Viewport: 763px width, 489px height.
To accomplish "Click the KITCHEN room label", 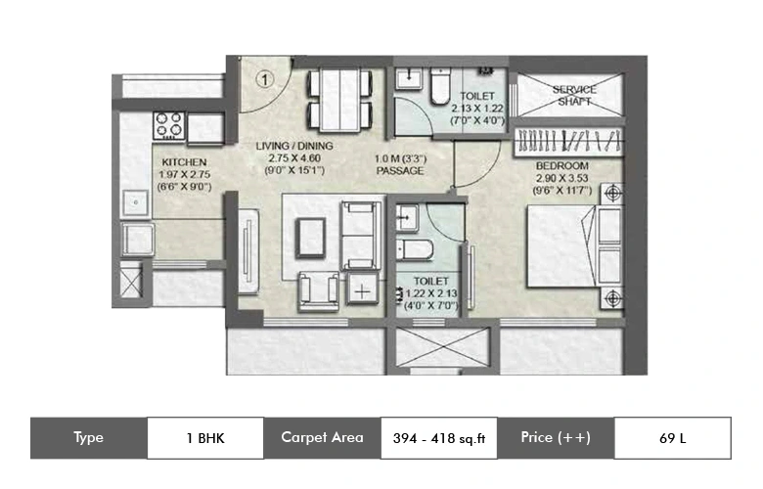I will pos(182,163).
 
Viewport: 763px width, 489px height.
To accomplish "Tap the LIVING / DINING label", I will pos(294,146).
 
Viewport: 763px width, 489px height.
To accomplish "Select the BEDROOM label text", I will pos(561,166).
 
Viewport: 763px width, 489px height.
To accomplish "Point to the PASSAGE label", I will pos(399,171).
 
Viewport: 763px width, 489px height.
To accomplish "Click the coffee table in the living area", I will pos(312,235).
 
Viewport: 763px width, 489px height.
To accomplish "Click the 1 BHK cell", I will pos(205,438).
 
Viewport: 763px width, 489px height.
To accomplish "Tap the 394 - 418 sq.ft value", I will pos(439,438).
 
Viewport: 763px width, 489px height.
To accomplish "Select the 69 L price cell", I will pos(673,438).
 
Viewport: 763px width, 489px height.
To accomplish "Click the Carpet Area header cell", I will pos(322,438).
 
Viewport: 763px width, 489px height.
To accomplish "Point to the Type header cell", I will pos(88,438).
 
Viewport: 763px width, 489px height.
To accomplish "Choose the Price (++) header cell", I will pos(556,438).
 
